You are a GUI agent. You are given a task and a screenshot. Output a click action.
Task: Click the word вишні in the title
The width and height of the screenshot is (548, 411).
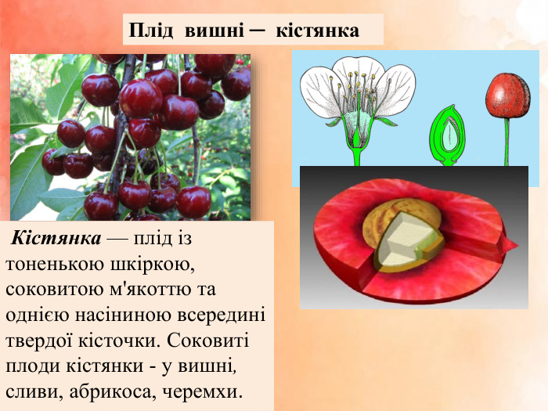coord(213,31)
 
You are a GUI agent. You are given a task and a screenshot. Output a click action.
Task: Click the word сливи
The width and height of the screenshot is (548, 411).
coord(31,391)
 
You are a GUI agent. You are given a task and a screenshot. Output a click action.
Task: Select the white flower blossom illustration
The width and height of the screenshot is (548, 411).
coord(359,98)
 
